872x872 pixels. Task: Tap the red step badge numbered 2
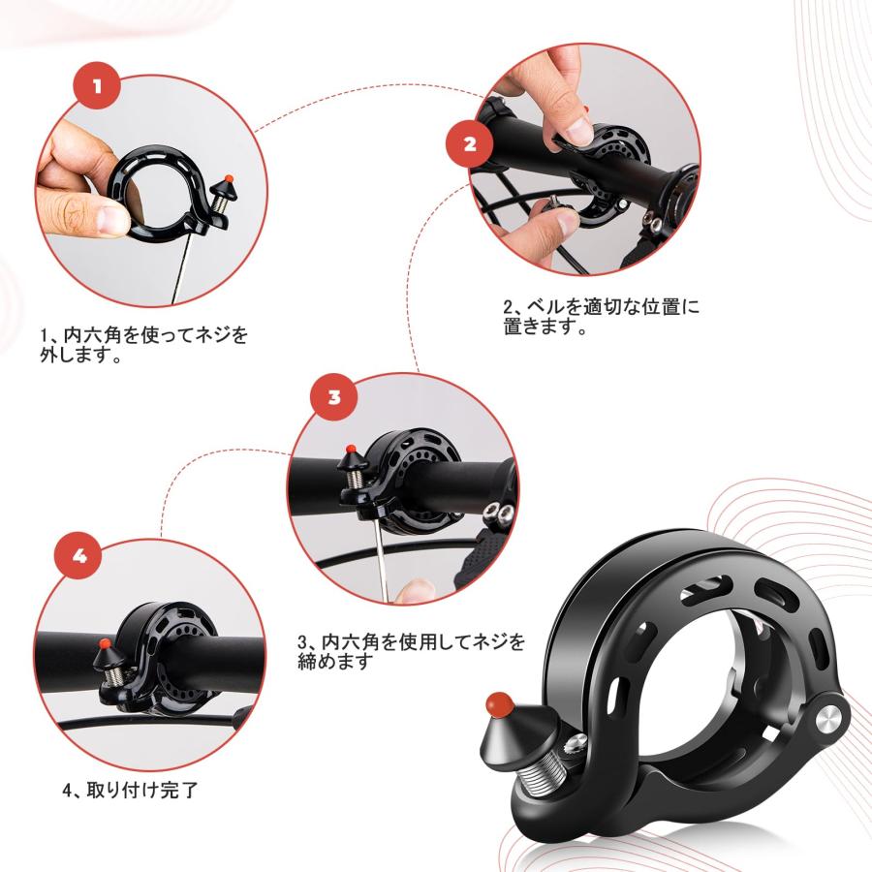coord(470,144)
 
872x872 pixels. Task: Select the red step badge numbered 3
coord(334,397)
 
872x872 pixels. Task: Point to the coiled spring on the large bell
coord(549,766)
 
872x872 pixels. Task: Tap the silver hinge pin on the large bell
coord(828,716)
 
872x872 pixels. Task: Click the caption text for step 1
coord(143,345)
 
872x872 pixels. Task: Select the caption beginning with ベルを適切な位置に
coord(601,317)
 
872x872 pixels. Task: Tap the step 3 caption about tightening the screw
coord(412,651)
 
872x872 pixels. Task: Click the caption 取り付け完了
coord(130,790)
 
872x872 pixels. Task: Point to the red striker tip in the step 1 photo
coord(228,178)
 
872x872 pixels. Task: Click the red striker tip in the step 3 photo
coord(350,450)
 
